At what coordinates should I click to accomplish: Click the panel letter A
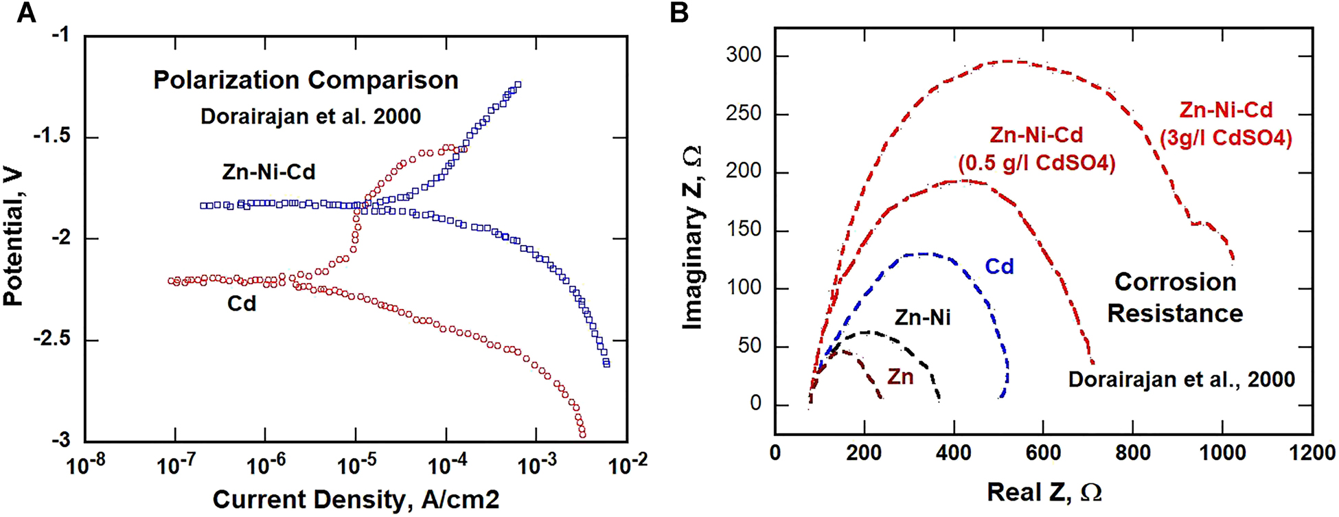point(26,12)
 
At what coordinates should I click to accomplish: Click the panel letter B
point(679,12)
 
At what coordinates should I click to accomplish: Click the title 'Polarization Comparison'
point(306,80)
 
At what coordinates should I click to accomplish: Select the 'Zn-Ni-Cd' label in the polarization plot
point(268,172)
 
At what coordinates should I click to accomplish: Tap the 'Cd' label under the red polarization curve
point(241,303)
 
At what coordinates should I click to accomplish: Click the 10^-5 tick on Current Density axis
point(356,467)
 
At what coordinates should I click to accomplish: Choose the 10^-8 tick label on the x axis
point(85,467)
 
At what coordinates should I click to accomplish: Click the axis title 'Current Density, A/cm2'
point(356,500)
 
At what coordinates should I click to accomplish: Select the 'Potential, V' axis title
point(14,238)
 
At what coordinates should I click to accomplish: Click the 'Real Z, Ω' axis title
point(1044,492)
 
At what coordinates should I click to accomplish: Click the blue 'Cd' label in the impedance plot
point(999,266)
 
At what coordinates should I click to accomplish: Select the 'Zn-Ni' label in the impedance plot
point(922,317)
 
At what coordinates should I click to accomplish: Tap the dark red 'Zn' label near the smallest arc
point(900,377)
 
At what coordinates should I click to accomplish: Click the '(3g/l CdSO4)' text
point(1226,139)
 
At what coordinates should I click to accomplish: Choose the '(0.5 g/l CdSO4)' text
point(1037,163)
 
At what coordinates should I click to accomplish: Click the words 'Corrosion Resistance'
point(1175,298)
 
